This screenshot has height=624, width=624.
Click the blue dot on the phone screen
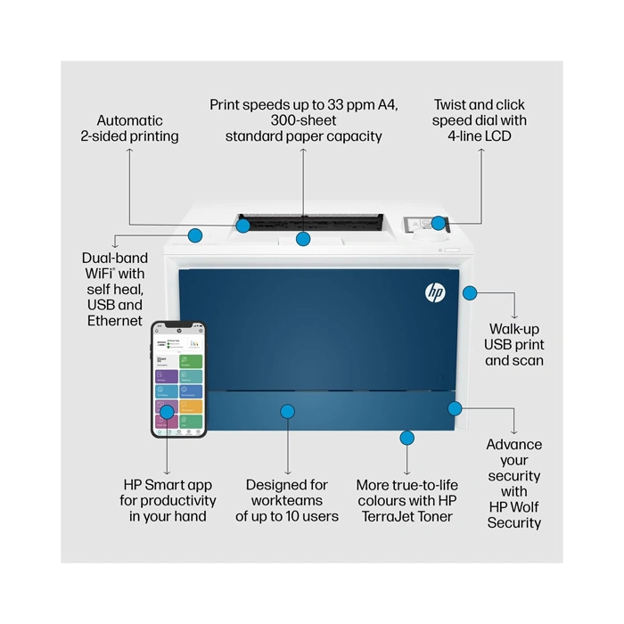pos(167,412)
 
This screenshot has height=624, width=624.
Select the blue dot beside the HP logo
pos(470,291)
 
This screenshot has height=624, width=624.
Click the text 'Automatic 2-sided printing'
pos(130,128)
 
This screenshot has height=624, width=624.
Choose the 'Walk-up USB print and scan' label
pos(514,344)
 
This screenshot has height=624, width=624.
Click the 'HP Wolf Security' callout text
pos(514,483)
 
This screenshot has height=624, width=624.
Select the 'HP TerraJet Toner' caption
pos(406,500)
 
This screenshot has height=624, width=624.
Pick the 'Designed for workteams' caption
pos(287,500)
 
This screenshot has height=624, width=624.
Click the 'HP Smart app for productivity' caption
pos(168,500)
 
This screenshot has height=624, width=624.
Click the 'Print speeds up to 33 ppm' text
pos(303,120)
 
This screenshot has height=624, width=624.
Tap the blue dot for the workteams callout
pos(287,411)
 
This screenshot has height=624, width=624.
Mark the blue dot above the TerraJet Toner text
pos(407,437)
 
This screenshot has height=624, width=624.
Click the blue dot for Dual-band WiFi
pos(195,235)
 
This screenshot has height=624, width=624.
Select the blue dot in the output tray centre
pos(303,239)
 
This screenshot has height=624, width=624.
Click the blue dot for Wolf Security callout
pos(455,408)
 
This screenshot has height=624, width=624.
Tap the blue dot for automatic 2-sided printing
pos(243,226)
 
